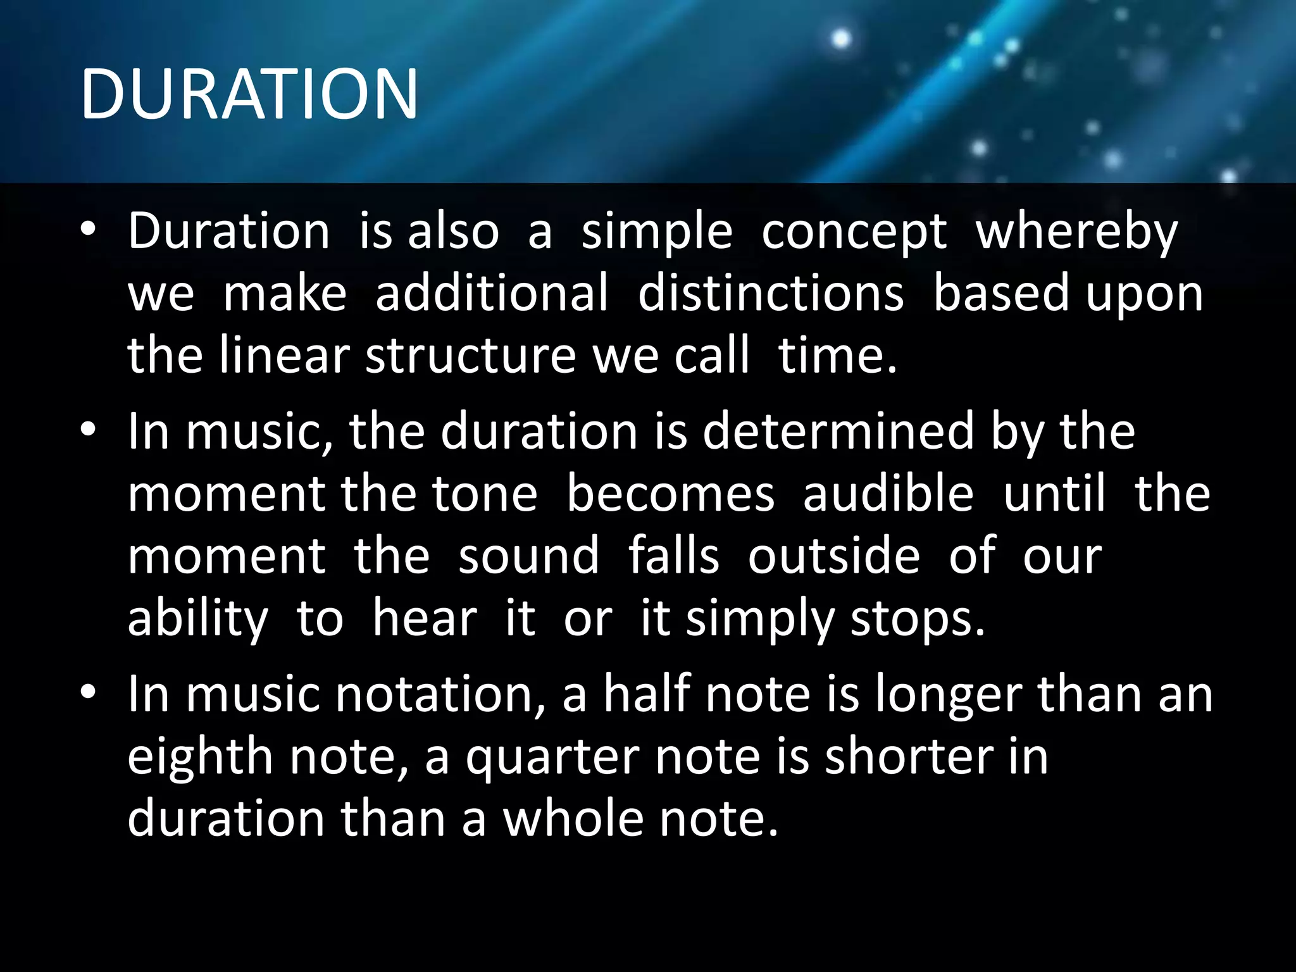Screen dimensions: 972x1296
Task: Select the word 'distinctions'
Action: [771, 293]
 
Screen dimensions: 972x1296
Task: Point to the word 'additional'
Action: [492, 293]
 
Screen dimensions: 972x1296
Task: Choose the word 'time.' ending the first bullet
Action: [837, 355]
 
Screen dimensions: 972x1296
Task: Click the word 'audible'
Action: [888, 494]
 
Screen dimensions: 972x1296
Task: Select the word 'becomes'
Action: [670, 494]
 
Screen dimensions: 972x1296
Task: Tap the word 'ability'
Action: [197, 618]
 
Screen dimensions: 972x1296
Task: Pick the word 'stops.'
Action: [918, 618]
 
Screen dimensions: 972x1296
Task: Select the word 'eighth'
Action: [201, 756]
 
